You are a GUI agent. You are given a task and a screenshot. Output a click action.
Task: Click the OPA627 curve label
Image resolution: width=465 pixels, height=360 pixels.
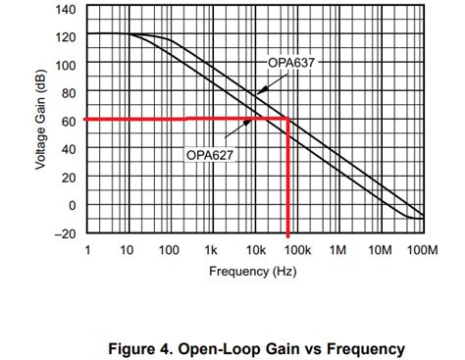(209, 154)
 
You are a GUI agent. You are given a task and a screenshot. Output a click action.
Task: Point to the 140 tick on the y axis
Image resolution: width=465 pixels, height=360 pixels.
(65, 9)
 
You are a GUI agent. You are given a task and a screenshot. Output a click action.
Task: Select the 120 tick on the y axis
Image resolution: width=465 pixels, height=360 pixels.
(65, 36)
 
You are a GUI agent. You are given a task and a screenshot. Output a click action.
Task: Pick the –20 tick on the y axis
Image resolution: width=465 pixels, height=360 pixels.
(64, 233)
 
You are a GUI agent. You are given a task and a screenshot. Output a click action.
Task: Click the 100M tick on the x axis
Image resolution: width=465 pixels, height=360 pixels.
(422, 252)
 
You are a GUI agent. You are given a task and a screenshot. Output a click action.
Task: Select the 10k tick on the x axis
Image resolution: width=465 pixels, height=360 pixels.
(255, 252)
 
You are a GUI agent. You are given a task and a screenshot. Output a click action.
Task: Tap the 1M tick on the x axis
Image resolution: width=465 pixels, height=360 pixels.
(338, 252)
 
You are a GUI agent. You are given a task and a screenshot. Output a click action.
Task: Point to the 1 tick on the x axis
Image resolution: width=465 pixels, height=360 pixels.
(88, 252)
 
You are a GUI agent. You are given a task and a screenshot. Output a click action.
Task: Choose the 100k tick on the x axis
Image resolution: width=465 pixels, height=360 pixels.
(296, 252)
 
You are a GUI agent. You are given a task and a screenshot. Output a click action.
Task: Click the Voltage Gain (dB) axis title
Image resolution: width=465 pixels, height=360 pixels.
(40, 121)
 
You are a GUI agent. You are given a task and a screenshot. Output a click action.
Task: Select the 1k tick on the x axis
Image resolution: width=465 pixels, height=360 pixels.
(213, 252)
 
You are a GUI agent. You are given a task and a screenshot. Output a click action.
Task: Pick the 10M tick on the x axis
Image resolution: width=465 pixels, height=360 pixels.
(381, 252)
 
